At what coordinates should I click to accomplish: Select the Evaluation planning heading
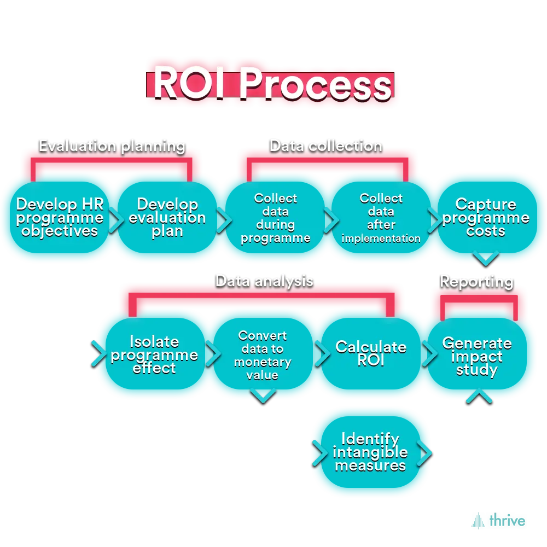112,146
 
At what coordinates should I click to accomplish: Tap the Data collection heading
325,146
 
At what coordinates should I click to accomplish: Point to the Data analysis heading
264,281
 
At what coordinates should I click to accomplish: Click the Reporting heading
476,281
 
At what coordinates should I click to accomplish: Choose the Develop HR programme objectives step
60,218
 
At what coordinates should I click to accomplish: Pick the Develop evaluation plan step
167,218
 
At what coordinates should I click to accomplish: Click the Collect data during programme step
276,218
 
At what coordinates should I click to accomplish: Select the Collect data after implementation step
381,218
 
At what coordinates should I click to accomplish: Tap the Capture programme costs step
486,218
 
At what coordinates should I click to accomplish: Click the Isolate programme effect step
154,355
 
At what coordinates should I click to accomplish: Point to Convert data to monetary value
263,355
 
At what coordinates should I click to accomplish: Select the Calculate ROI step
371,354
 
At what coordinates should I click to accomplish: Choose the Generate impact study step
476,357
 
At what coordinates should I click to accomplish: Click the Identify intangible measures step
370,452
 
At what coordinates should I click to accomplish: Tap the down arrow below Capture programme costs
486,258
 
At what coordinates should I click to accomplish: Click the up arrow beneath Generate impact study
479,395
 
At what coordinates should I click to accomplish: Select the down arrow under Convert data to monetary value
263,395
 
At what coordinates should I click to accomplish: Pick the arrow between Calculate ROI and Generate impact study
430,354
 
